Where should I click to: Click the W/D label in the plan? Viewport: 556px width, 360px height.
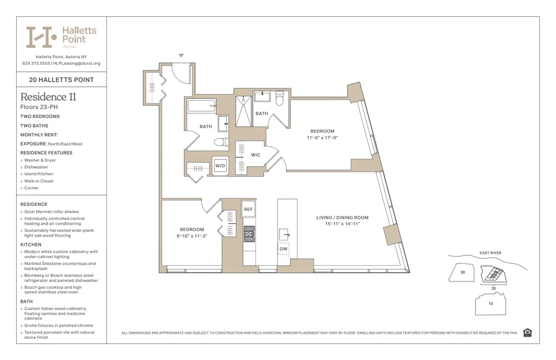pyautogui.click(x=220, y=166)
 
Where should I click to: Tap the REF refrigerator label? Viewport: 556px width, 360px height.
pyautogui.click(x=249, y=209)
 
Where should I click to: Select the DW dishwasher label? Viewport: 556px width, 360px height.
pyautogui.click(x=284, y=249)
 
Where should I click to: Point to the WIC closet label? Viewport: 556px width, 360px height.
pyautogui.click(x=256, y=155)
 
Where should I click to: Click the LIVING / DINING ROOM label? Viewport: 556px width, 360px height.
pyautogui.click(x=342, y=218)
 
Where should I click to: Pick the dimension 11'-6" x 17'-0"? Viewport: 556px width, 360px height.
pyautogui.click(x=322, y=137)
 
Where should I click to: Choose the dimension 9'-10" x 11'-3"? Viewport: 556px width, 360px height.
pyautogui.click(x=192, y=235)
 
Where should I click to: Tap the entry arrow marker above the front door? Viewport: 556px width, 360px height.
pyautogui.click(x=181, y=56)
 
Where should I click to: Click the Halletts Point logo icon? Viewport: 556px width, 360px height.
pyautogui.click(x=42, y=37)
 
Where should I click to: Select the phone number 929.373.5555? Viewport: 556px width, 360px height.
pyautogui.click(x=36, y=63)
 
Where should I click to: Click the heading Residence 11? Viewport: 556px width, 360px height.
pyautogui.click(x=48, y=97)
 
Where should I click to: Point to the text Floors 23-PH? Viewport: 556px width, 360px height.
pyautogui.click(x=39, y=107)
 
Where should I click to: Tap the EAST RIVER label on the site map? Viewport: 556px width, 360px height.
pyautogui.click(x=490, y=253)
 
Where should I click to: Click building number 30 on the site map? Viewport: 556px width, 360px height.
pyautogui.click(x=463, y=272)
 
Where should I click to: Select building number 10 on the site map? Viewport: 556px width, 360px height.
pyautogui.click(x=490, y=303)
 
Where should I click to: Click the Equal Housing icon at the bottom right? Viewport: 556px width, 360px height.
pyautogui.click(x=527, y=333)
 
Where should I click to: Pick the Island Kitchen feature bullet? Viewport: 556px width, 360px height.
pyautogui.click(x=38, y=174)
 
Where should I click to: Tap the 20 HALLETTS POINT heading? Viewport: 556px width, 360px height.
pyautogui.click(x=61, y=80)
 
